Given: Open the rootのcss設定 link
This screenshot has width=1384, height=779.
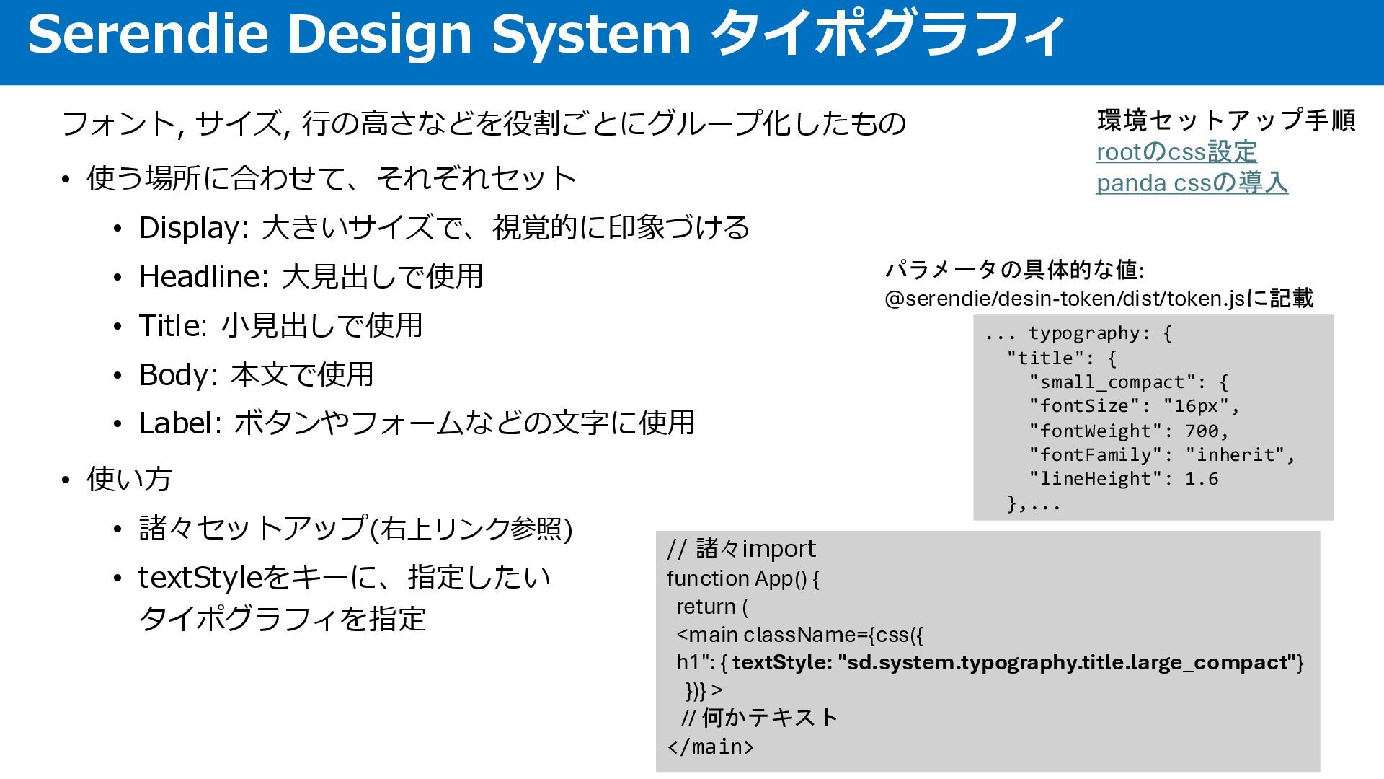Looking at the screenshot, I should [1176, 152].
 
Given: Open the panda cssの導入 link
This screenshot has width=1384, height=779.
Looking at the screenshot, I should [1192, 183].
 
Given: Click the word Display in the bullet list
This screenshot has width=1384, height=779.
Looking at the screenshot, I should [190, 228].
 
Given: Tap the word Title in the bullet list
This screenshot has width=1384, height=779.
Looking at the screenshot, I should [170, 326].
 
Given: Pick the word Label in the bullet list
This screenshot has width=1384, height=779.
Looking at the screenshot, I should [177, 423].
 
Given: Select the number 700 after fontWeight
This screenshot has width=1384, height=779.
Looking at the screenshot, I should [1202, 431].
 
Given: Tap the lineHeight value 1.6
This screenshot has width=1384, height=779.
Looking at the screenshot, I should [1201, 479].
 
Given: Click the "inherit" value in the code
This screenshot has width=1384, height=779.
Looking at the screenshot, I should [1235, 455].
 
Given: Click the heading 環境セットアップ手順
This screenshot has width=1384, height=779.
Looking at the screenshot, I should [1226, 120].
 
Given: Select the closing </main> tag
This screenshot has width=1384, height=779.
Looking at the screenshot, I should [711, 747].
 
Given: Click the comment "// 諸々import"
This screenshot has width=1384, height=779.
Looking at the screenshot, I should [741, 549].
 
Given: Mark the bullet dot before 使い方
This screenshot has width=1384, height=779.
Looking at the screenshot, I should [66, 480].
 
